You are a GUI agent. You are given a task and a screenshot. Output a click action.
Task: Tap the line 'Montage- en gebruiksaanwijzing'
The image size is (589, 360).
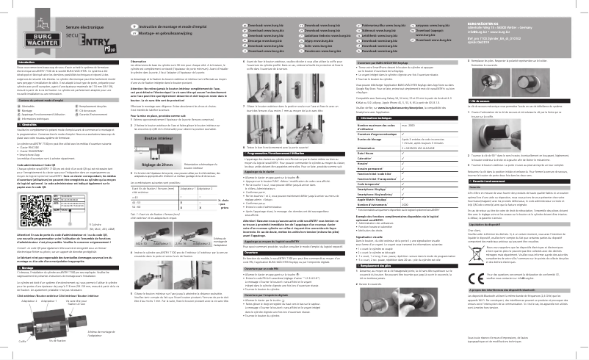[159, 33]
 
